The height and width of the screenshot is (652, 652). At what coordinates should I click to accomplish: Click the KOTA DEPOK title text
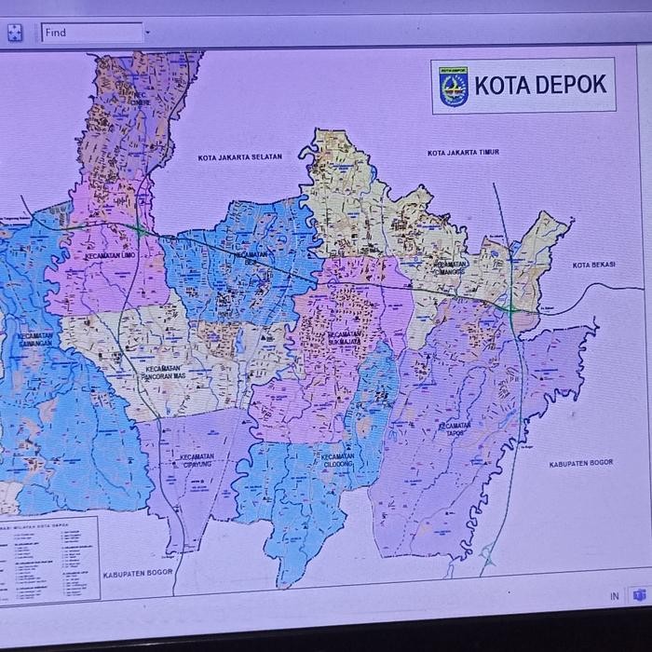[540, 85]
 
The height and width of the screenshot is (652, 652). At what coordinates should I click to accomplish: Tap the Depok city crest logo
[453, 86]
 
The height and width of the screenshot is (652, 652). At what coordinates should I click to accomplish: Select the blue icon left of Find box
[15, 33]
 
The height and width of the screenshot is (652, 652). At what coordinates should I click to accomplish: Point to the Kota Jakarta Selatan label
[239, 157]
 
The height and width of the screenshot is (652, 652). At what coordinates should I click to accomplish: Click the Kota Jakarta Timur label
[463, 153]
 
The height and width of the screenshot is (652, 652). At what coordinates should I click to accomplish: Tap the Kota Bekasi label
[593, 265]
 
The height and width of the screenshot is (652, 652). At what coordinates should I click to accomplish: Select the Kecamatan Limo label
[111, 255]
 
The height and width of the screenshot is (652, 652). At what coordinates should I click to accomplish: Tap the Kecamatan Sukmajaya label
[344, 338]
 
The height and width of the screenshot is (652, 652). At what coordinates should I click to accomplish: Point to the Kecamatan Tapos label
[455, 429]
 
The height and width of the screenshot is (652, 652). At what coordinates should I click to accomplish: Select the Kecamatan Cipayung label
[197, 460]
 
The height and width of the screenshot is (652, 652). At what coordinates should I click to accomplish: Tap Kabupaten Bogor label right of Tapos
[580, 463]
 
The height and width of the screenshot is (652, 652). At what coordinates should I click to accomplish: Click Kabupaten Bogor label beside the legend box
[138, 574]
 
